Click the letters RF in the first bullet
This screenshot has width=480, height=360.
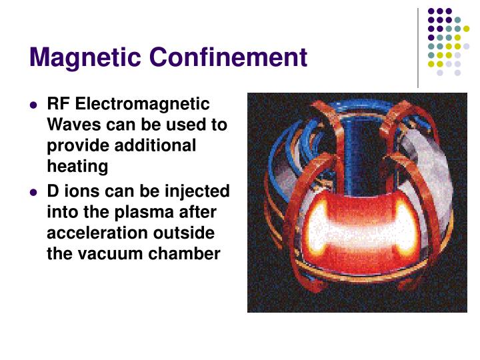pos(58,105)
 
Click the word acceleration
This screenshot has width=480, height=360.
pos(94,233)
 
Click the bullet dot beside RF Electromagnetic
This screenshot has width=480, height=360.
pos(34,105)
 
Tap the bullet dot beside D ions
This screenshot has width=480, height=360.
pos(34,193)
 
